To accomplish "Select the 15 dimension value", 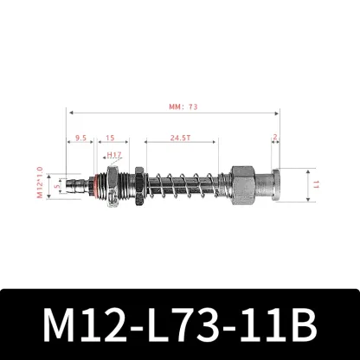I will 112,136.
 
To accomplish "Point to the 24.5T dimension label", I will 180,136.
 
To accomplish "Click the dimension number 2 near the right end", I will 274,136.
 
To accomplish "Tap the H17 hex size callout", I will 113,157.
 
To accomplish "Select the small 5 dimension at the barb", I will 56,184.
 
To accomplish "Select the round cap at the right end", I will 270,184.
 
